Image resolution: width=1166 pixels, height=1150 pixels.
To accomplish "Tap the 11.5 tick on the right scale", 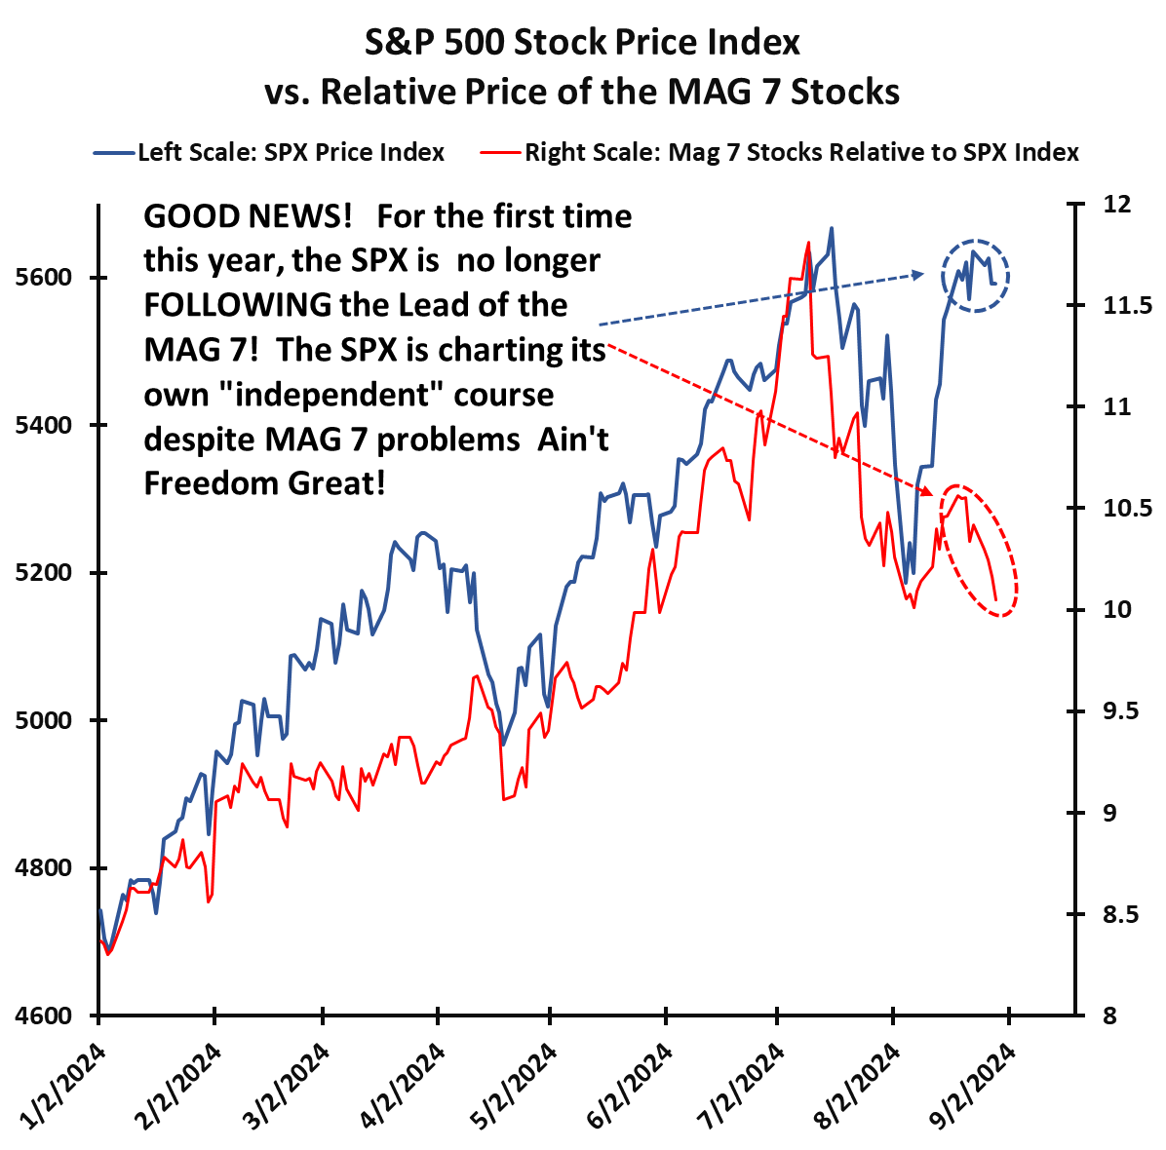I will [x=1125, y=306].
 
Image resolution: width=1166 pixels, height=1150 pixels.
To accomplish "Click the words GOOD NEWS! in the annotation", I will [x=248, y=215].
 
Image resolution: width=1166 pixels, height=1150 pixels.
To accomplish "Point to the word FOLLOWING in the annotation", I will [x=238, y=304].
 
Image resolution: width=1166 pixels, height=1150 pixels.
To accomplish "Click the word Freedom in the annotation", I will [x=211, y=483].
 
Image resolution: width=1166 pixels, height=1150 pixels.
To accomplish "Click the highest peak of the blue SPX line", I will [x=831, y=228].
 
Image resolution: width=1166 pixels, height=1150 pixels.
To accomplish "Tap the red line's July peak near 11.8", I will [x=808, y=243].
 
